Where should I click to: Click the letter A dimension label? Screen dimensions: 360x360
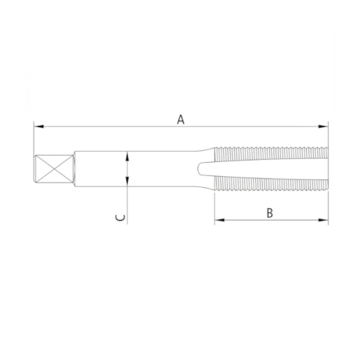tap(181, 119)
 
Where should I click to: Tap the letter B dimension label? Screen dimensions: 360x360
tap(268, 211)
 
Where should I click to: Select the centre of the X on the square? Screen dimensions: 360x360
tap(52, 170)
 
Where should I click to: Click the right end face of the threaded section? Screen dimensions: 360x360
tap(327, 170)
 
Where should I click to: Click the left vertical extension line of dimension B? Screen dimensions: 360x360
tap(214, 207)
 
